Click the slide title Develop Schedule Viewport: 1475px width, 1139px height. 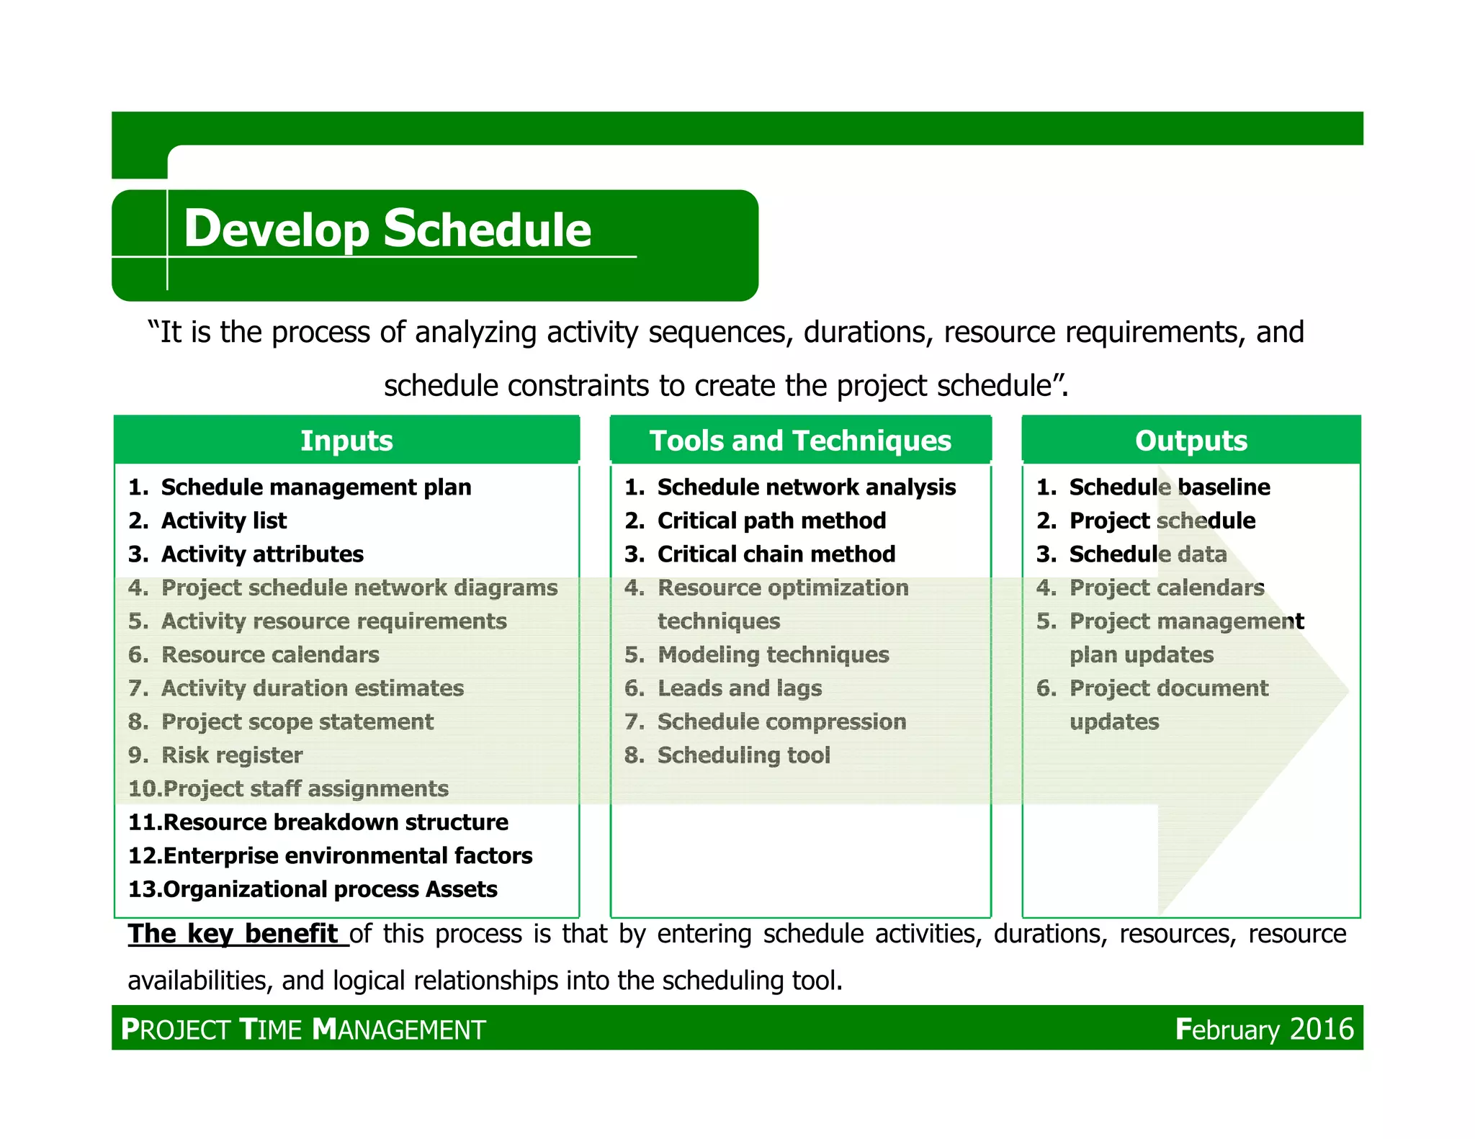[x=387, y=228]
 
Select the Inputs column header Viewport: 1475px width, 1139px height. [x=346, y=440]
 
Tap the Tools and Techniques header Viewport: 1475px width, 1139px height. [x=800, y=440]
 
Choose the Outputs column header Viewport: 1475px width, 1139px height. [x=1191, y=440]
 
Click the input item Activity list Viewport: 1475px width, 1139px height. [x=223, y=521]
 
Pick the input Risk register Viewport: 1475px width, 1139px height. [x=231, y=755]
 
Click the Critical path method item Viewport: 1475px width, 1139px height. [x=771, y=521]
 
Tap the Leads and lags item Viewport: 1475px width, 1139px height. [x=739, y=688]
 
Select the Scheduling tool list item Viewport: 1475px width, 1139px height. [x=743, y=755]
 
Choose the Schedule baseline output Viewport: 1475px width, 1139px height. [x=1169, y=487]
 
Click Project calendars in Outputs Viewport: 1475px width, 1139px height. [x=1166, y=587]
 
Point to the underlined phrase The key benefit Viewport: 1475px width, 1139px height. [x=233, y=934]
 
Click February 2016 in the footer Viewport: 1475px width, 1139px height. [x=1264, y=1029]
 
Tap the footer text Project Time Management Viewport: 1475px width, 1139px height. [x=303, y=1030]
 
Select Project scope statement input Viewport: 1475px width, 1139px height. [x=297, y=721]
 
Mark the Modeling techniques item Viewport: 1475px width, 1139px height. [x=772, y=654]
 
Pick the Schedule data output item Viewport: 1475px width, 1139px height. [x=1147, y=554]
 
